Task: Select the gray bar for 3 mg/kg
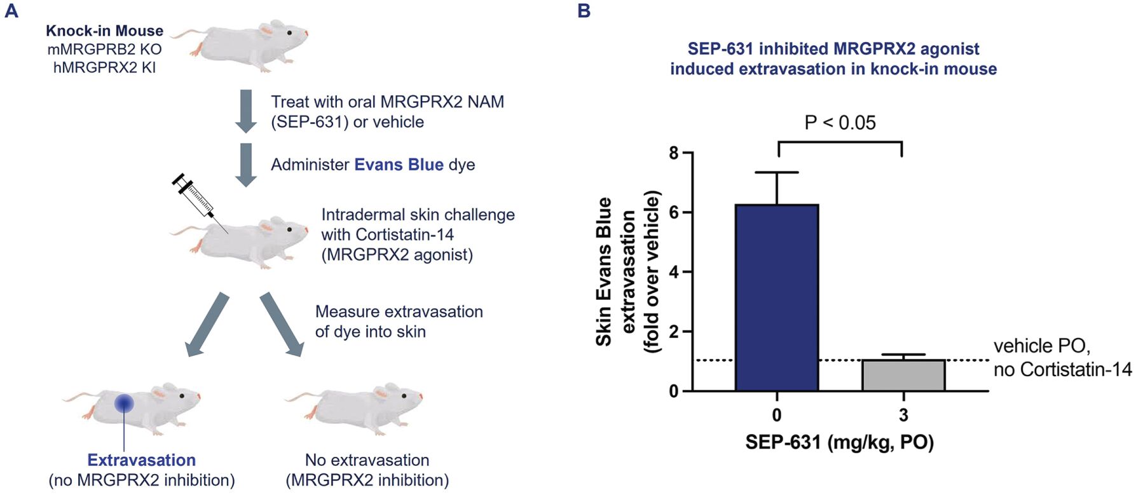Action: [x=903, y=376]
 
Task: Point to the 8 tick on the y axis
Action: [x=674, y=153]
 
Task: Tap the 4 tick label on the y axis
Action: [x=674, y=272]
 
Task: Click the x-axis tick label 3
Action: [x=903, y=416]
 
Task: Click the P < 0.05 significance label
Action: [x=840, y=123]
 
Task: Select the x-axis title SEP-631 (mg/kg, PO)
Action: [x=839, y=442]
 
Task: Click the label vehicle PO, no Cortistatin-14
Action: [x=1062, y=358]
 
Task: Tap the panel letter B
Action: [x=584, y=11]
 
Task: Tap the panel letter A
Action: [x=11, y=11]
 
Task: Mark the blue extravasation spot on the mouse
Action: [x=124, y=403]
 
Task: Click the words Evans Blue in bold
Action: [x=399, y=165]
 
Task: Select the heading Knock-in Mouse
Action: [x=104, y=31]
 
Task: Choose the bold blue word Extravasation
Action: [x=141, y=460]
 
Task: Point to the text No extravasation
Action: [x=367, y=460]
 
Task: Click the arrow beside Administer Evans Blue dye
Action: [x=245, y=165]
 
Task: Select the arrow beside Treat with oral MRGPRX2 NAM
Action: [x=245, y=111]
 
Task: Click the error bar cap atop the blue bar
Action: [x=777, y=172]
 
